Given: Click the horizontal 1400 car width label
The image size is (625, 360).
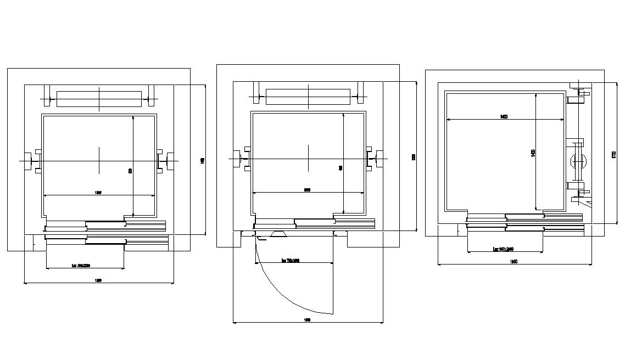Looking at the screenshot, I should pyautogui.click(x=504, y=116).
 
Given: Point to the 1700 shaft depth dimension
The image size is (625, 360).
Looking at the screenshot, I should pyautogui.click(x=613, y=155).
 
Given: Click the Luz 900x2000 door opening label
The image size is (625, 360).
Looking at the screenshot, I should pyautogui.click(x=504, y=249).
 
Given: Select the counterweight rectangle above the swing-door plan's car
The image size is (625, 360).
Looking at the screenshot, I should pyautogui.click(x=308, y=97).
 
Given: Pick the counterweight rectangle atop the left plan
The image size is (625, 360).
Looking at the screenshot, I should pyautogui.click(x=99, y=99).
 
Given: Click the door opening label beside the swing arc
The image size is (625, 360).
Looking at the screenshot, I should pyautogui.click(x=291, y=261).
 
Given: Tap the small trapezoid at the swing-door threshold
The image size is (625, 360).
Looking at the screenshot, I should pyautogui.click(x=277, y=235).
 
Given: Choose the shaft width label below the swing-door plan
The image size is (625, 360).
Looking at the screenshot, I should pyautogui.click(x=308, y=319).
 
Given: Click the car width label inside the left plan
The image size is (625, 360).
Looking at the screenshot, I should pyautogui.click(x=98, y=193).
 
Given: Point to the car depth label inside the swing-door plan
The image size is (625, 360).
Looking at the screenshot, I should pyautogui.click(x=341, y=168).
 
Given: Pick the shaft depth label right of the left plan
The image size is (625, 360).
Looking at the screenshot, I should pyautogui.click(x=203, y=160).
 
